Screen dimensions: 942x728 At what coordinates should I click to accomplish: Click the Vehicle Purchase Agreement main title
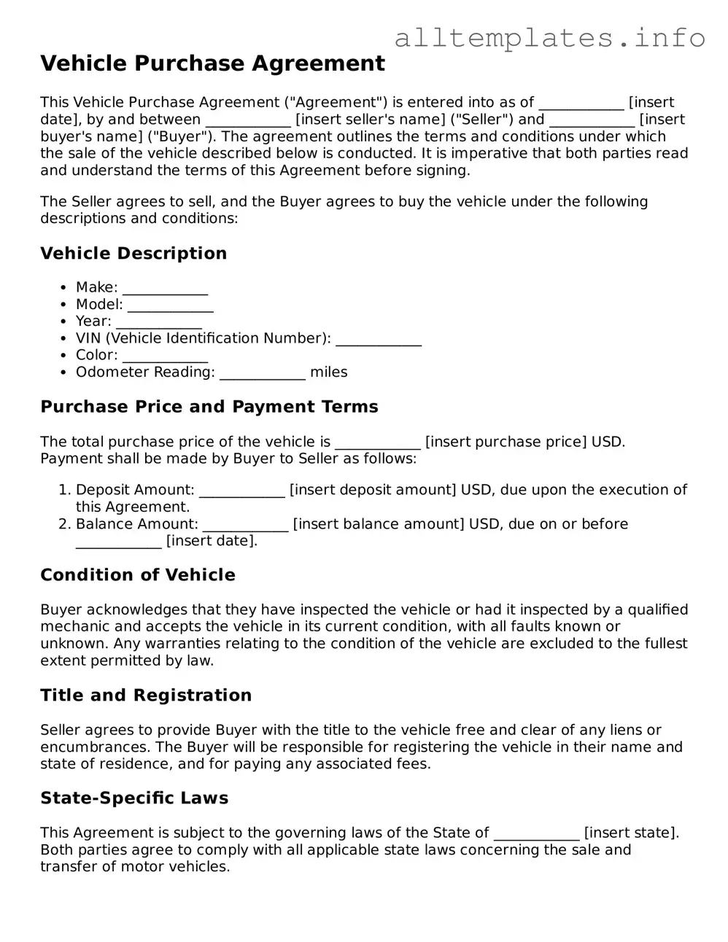click(212, 63)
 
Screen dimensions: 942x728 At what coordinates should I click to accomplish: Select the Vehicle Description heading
click(133, 253)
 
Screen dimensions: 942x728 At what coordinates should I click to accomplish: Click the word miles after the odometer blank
click(328, 372)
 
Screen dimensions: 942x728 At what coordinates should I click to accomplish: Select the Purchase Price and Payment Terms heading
click(209, 406)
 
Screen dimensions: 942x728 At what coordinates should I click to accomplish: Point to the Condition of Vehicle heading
click(138, 575)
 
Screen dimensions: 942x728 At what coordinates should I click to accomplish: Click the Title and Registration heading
click(146, 695)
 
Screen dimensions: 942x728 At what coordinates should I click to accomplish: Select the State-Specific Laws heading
click(134, 798)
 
